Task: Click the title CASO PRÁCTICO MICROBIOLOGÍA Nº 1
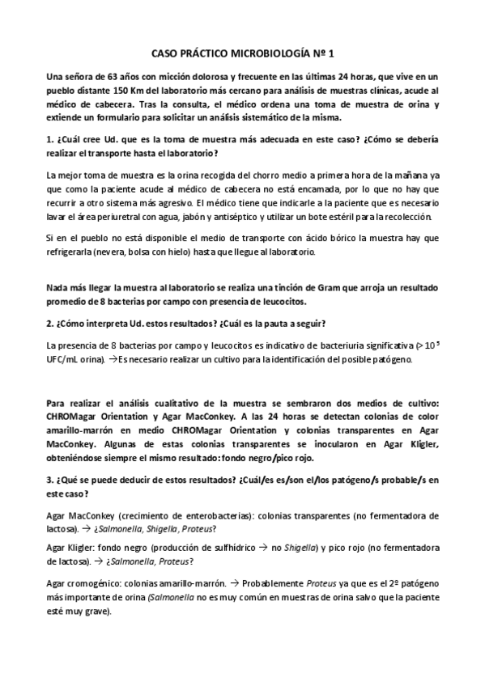pyautogui.click(x=242, y=50)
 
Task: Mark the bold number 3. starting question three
pyautogui.click(x=50, y=481)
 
